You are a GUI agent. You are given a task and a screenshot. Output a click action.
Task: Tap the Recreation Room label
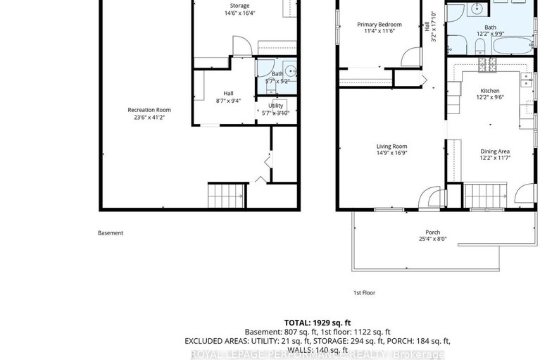click(149, 113)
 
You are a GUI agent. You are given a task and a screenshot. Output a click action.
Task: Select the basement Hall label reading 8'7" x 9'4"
click(228, 97)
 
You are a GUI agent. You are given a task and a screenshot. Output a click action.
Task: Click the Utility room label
click(275, 109)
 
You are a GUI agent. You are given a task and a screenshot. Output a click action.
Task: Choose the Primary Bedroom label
click(379, 27)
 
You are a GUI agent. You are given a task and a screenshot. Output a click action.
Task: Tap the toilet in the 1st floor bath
click(479, 46)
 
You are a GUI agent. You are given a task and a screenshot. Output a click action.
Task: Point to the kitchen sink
click(525, 81)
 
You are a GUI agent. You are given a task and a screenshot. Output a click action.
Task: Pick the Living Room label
click(391, 150)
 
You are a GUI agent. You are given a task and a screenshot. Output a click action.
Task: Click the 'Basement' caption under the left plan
click(110, 233)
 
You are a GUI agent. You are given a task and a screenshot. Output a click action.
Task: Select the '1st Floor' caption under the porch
click(363, 292)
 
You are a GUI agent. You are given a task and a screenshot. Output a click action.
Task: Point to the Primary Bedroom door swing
click(408, 55)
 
